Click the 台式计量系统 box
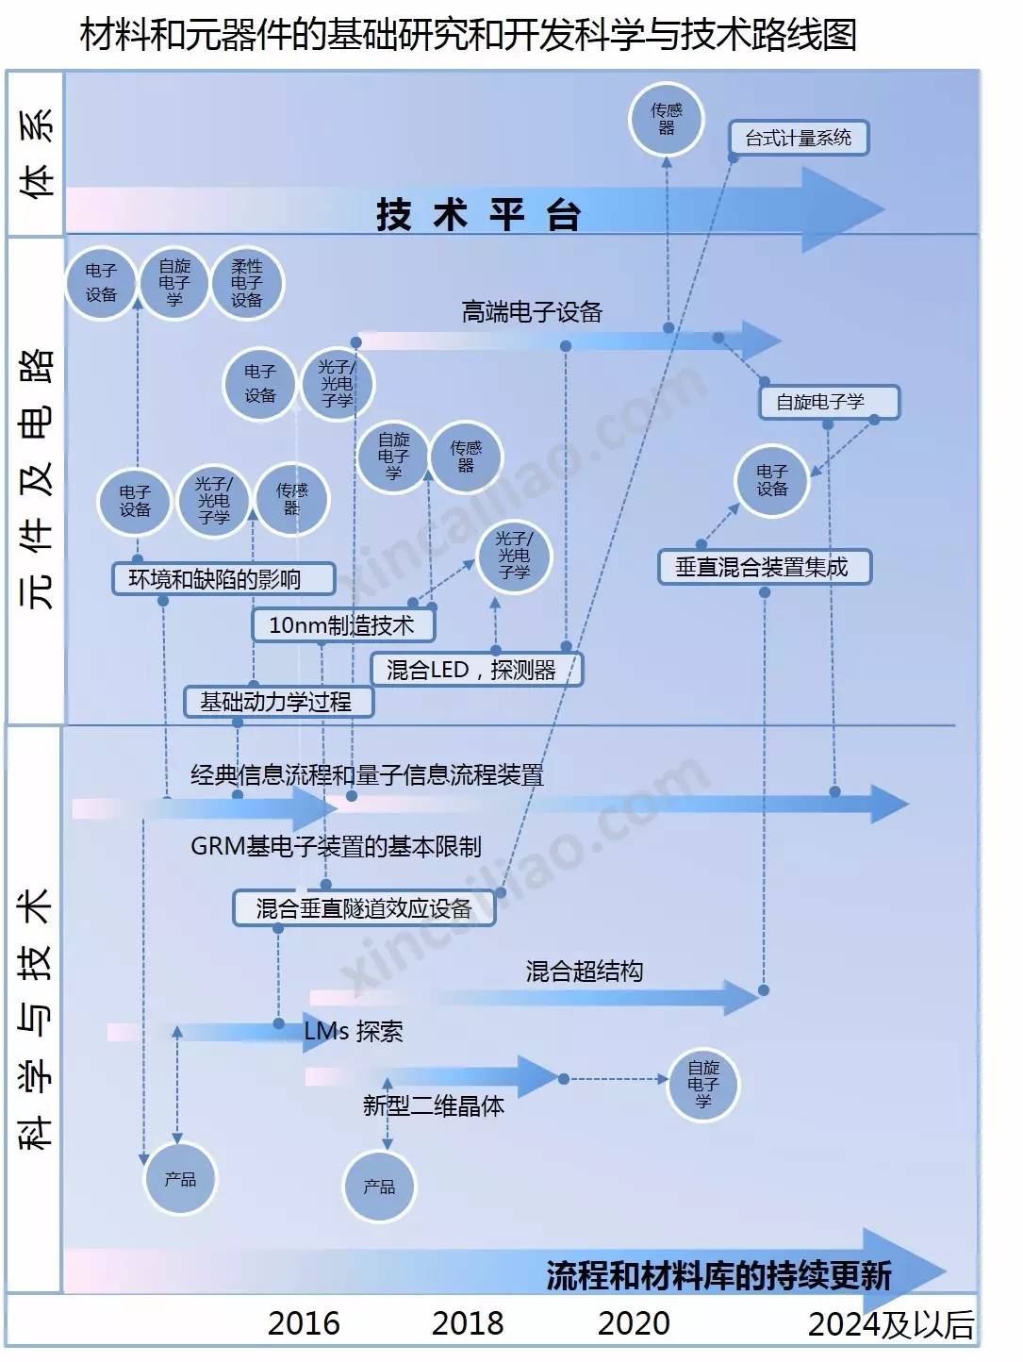[798, 138]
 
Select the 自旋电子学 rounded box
[829, 402]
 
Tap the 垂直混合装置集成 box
[762, 567]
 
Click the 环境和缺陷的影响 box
[223, 578]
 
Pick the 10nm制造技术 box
[343, 624]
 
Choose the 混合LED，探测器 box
[476, 670]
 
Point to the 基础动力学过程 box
[278, 702]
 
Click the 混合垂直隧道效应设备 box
[364, 908]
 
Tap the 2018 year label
[468, 1323]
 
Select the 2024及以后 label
[890, 1324]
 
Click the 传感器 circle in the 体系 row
[667, 119]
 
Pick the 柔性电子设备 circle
[247, 283]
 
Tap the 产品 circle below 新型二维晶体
[379, 1187]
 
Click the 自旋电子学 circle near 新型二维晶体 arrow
[703, 1084]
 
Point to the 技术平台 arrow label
[478, 214]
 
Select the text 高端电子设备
[532, 312]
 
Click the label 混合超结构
[585, 971]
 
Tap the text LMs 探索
[354, 1031]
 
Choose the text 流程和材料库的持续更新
[718, 1275]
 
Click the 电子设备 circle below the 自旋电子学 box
[771, 480]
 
